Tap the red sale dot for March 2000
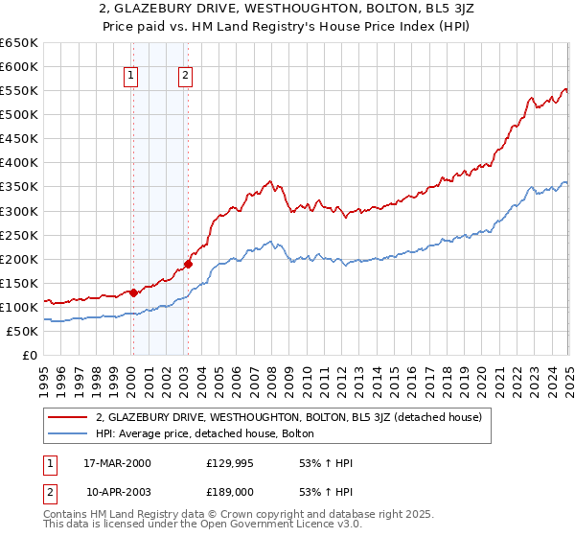point(133,292)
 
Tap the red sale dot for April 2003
point(188,264)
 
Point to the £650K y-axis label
point(19,43)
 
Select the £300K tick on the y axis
point(19,211)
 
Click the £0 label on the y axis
point(30,356)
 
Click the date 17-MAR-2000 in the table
point(118,463)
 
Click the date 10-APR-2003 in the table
point(118,490)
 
